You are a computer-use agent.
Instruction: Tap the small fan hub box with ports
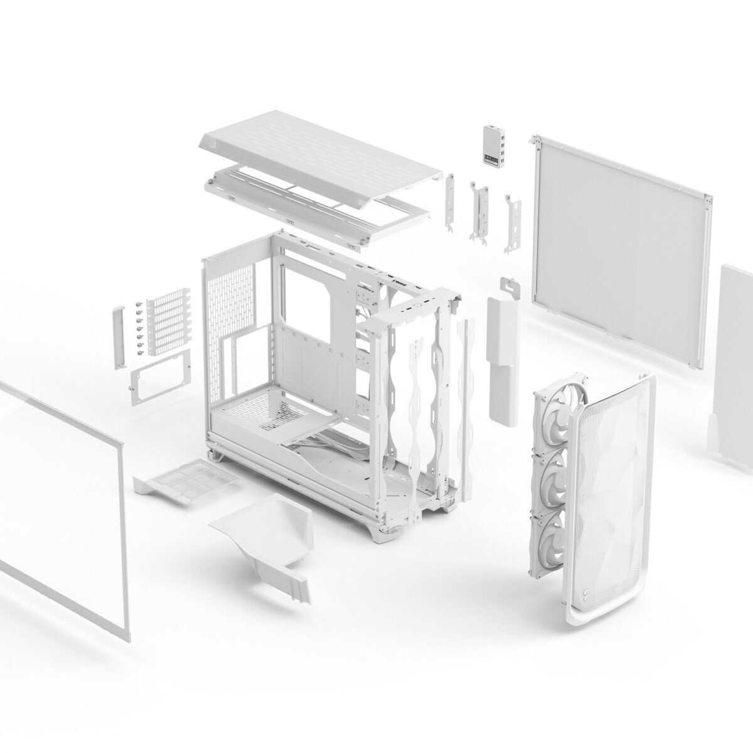[x=493, y=147]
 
